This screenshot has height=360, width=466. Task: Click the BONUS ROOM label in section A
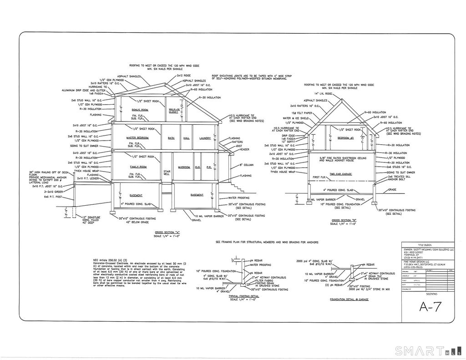(x=140, y=110)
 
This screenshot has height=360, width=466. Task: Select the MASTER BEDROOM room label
(x=137, y=137)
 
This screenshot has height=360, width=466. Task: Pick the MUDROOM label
(x=184, y=167)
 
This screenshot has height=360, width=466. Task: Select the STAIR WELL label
(x=167, y=172)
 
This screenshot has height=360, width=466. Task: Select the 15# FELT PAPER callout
(x=302, y=112)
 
